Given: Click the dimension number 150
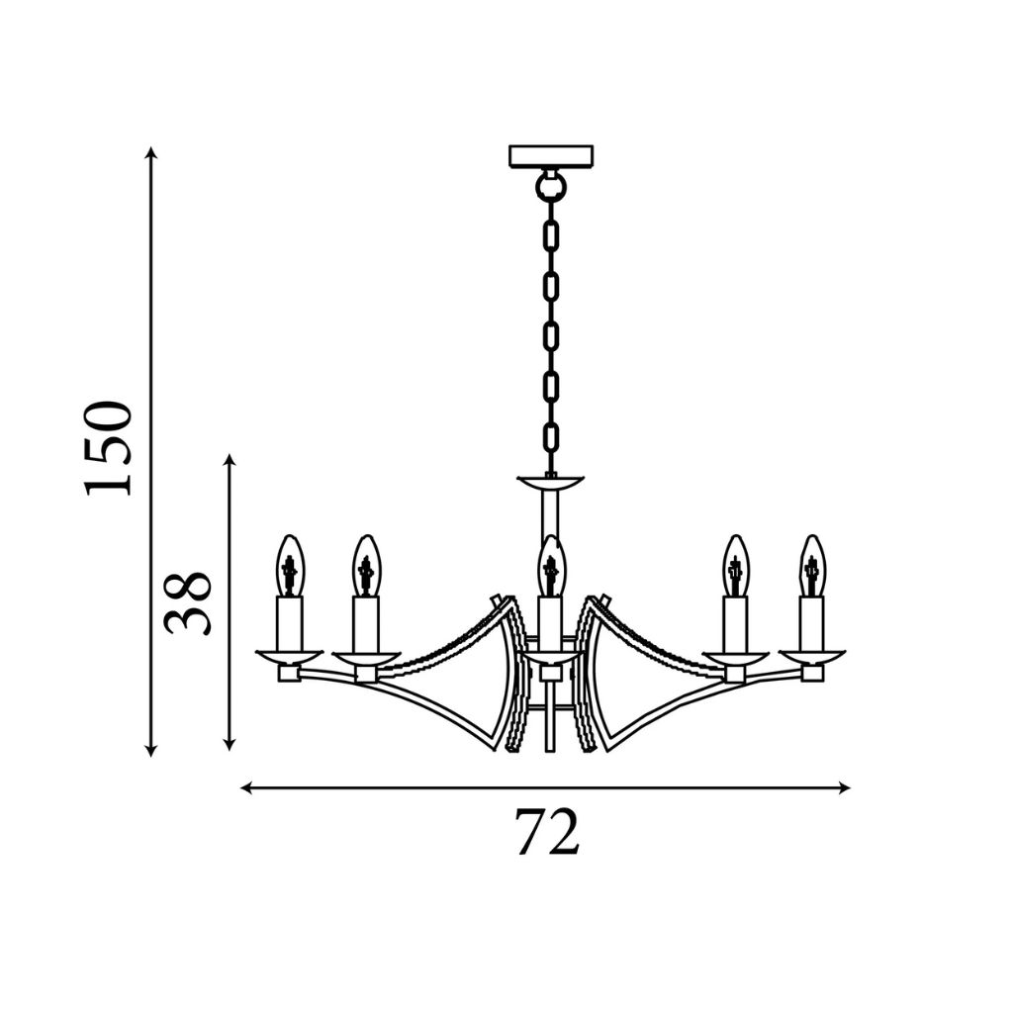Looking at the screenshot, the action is click(x=108, y=448).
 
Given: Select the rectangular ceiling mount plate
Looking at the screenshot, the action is click(x=550, y=155).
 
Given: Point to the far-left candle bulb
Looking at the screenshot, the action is click(x=290, y=565).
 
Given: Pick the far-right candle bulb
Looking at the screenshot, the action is click(x=812, y=565).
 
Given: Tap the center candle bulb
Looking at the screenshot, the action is click(x=550, y=565).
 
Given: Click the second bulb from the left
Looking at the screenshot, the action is click(x=366, y=565).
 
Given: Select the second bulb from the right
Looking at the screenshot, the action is click(x=735, y=565).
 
